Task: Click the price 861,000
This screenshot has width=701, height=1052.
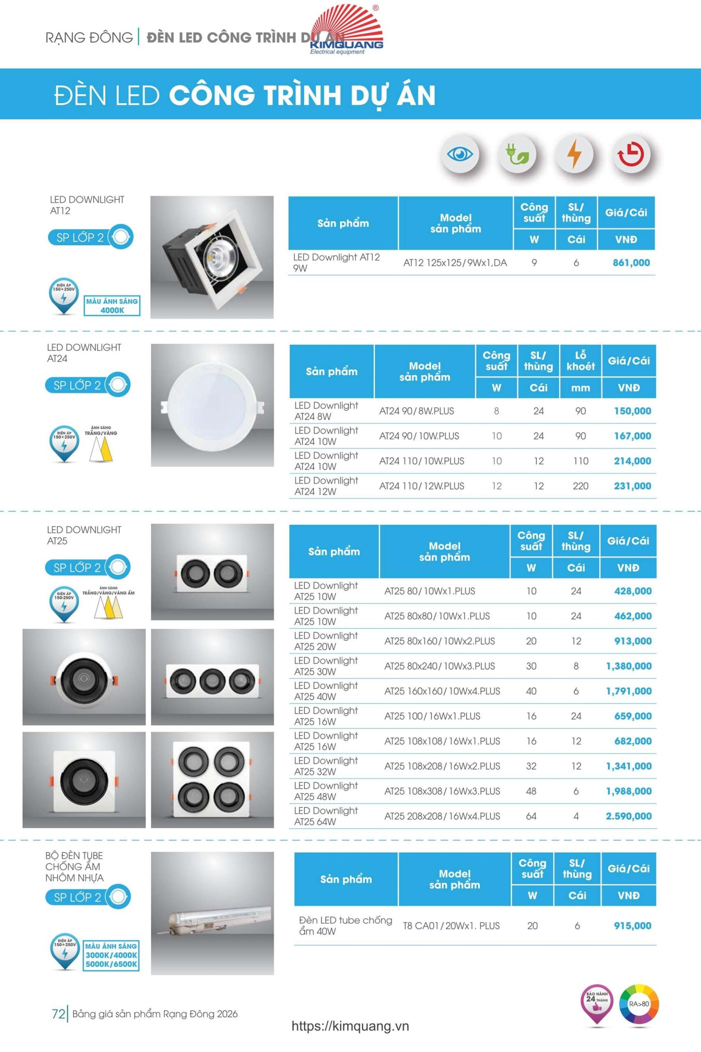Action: coord(631,263)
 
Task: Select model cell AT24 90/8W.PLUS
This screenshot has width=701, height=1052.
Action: coord(416,411)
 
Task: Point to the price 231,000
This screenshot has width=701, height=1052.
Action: coord(632,486)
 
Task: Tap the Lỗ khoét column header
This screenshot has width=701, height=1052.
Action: coord(580,361)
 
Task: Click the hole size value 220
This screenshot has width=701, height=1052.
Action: coord(580,486)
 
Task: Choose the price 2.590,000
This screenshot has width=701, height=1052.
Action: coord(628,816)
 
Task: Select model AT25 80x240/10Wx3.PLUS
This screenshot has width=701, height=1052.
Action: coord(439,666)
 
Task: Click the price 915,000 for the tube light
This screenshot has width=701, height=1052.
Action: coord(632,925)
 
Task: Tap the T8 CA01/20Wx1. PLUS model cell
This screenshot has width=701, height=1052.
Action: coord(451,925)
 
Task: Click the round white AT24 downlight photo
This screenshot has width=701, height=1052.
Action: coord(212,405)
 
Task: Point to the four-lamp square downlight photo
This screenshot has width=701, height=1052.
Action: coord(212,780)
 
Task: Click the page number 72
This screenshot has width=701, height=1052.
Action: coord(59,1013)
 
